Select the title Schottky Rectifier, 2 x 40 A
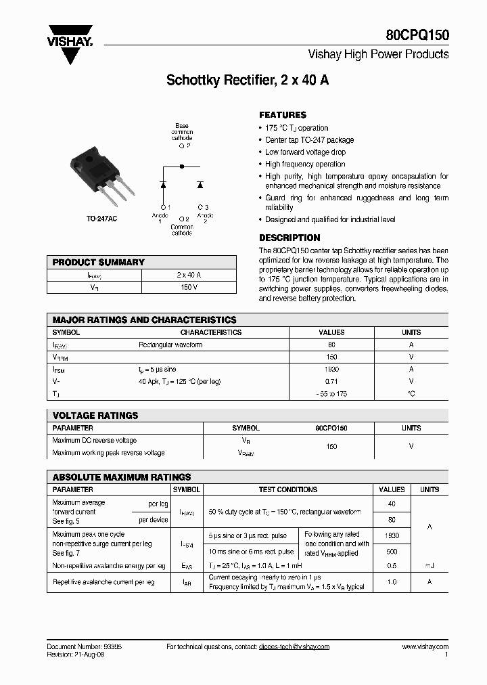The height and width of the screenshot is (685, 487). tap(248, 79)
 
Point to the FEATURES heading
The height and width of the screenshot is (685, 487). tap(283, 115)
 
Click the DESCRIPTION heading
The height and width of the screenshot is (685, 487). tap(289, 238)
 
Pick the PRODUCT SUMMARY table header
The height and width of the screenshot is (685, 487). tap(99, 263)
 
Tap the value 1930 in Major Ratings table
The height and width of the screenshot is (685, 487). tap(331, 370)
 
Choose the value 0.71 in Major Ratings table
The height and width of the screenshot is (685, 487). tap(331, 381)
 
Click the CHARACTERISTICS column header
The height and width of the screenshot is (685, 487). tap(210, 332)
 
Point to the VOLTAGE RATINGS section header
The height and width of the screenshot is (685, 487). tap(95, 416)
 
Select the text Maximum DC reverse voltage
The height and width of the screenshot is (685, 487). tap(95, 441)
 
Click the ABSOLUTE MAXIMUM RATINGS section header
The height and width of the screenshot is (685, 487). tap(122, 477)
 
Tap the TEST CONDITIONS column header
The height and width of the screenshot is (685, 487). tap(288, 489)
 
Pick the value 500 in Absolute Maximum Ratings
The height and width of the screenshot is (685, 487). tap(392, 552)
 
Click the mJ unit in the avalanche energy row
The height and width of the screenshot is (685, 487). tap(430, 565)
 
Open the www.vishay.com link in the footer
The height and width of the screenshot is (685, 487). tap(425, 647)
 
